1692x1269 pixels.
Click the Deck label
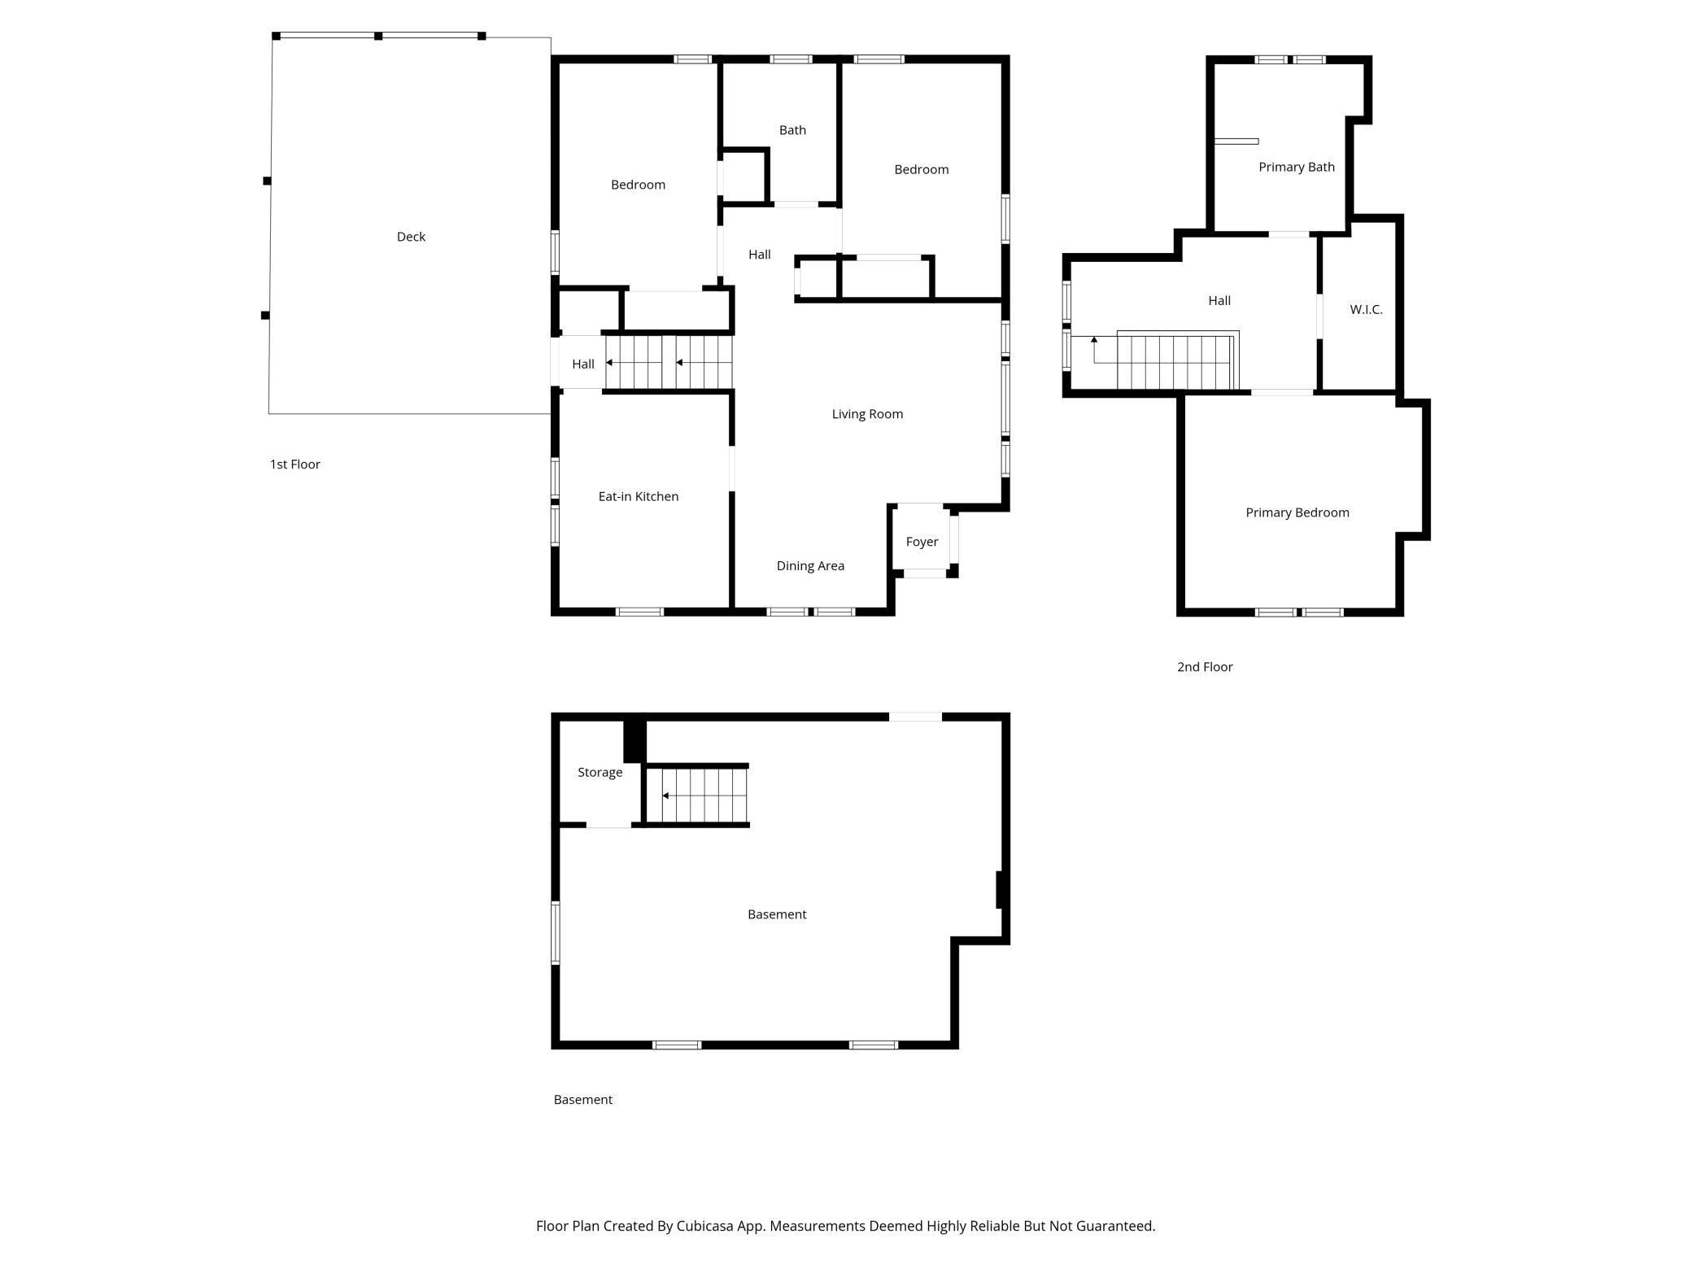click(411, 237)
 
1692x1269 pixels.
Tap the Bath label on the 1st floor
click(792, 130)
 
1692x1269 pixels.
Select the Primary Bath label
click(1296, 167)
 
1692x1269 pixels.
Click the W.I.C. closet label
click(1366, 309)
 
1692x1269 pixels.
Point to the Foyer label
click(922, 542)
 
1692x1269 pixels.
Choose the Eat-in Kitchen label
click(638, 496)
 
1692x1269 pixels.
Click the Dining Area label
click(810, 566)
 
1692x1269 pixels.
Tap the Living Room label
click(867, 414)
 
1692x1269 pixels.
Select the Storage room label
click(600, 772)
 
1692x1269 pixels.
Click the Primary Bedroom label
click(1297, 512)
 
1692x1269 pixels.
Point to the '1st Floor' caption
click(294, 464)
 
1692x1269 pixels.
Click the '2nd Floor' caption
click(1205, 667)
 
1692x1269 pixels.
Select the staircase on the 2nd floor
click(1175, 362)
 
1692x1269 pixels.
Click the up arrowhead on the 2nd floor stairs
click(1094, 339)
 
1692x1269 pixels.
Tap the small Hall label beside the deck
click(582, 364)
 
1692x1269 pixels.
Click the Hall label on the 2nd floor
click(1219, 301)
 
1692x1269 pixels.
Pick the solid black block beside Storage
click(634, 740)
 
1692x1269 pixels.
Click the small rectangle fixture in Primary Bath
click(1236, 142)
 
